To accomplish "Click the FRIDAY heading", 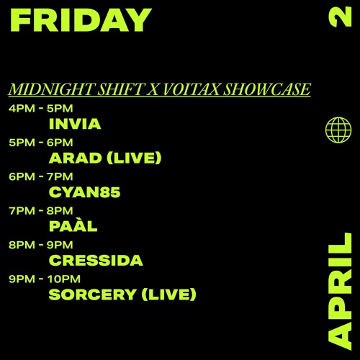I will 81,20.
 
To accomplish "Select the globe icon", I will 338,130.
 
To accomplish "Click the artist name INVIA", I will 74,124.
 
